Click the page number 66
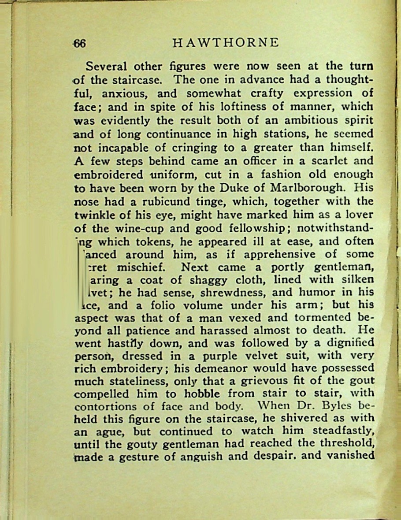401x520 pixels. tap(79, 43)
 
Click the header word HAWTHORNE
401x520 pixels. tap(226, 43)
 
